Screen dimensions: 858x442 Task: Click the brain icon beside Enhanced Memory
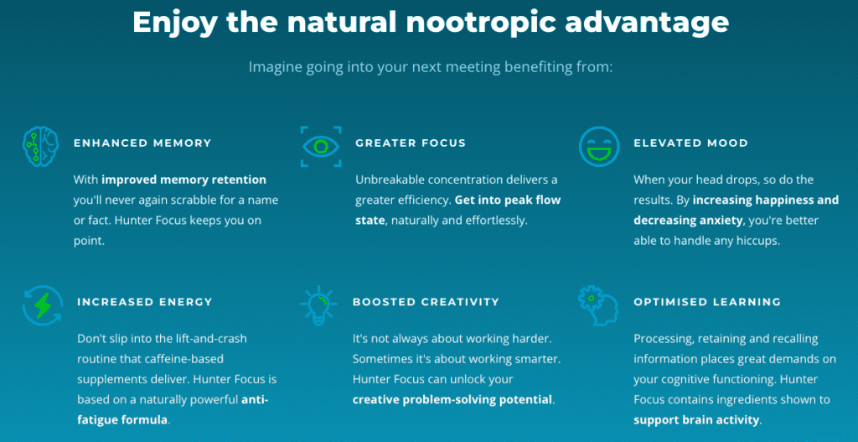tap(40, 146)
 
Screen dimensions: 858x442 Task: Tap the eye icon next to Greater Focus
tap(321, 146)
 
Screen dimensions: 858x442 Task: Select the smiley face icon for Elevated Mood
tap(599, 146)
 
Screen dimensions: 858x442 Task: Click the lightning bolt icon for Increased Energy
tap(43, 305)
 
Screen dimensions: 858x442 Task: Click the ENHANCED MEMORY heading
tap(142, 143)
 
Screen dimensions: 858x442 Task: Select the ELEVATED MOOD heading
tap(690, 143)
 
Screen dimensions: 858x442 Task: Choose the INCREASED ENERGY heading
tap(144, 302)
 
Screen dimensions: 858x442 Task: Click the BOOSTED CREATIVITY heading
tap(426, 302)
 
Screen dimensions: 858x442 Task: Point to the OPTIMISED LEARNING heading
tap(707, 302)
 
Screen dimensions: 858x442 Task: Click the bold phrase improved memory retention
tap(183, 179)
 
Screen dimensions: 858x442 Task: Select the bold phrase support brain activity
tap(696, 421)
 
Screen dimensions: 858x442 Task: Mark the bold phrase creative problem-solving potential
tap(452, 400)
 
